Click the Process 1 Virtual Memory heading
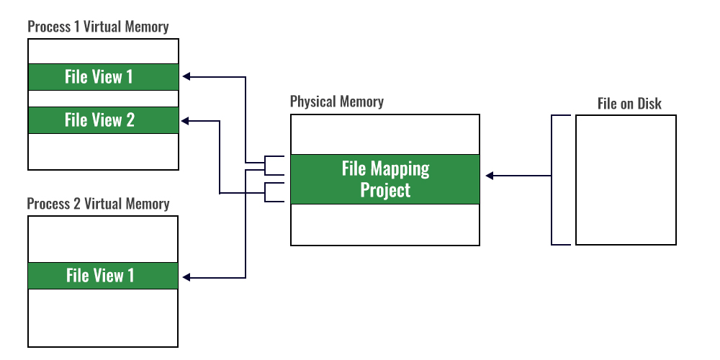coord(98,27)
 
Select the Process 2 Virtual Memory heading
coord(98,204)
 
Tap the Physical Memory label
coord(336,102)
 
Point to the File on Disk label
coord(629,104)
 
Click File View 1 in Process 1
coord(103,77)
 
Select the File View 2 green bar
coord(103,120)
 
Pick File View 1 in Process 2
coord(103,276)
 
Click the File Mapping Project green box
coord(384,179)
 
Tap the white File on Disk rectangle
coord(626,180)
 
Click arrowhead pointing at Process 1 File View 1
coord(186,76)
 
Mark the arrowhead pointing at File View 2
coord(186,120)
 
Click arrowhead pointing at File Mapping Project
coord(488,175)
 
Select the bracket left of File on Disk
coord(552,180)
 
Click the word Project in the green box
coord(385,190)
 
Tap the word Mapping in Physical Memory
coord(400,169)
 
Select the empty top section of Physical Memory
coord(384,134)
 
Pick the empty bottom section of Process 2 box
coord(103,318)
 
